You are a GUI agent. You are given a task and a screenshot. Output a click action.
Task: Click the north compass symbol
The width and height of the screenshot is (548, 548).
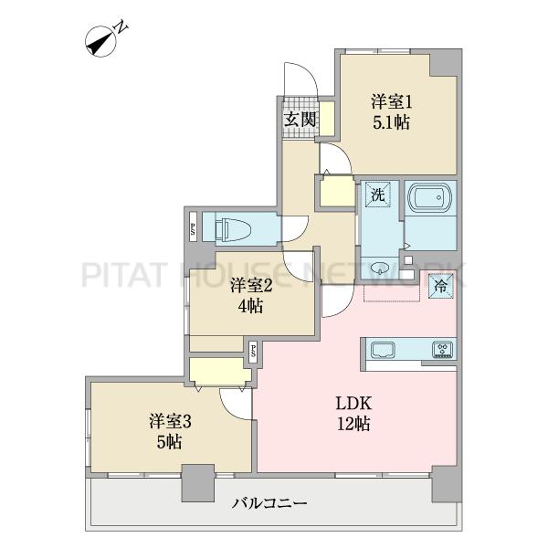pos(103,41)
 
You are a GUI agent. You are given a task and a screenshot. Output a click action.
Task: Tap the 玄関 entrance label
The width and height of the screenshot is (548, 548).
pos(300,120)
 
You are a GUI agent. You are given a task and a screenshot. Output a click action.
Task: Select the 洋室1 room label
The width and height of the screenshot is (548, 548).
pos(392,102)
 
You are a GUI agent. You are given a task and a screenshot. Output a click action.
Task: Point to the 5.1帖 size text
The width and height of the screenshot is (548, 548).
pos(392,122)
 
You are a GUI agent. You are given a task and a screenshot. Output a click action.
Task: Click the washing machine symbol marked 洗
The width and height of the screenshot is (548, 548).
pos(378,195)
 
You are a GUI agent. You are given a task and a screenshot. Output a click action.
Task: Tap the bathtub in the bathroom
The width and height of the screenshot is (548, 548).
pos(430,198)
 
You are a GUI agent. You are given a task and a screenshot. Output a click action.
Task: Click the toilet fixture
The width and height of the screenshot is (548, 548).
pos(232,227)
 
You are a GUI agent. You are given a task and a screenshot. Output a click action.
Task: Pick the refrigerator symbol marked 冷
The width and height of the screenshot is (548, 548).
pos(441,286)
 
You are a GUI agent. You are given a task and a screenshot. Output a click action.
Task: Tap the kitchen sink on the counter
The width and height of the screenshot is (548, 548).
pos(383,350)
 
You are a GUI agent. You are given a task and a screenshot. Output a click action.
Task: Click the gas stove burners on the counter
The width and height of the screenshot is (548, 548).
pos(442,350)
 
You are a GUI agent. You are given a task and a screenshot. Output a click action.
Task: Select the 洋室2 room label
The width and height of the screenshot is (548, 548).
pos(251,286)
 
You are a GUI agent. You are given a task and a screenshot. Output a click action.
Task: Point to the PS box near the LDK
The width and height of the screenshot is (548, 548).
pos(252,352)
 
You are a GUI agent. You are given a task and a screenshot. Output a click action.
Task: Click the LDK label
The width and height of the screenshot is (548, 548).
pos(353,404)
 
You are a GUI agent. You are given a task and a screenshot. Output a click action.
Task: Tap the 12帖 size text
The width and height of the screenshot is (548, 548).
pos(353,424)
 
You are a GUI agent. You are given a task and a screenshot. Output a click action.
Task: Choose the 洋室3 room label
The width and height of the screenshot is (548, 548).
pos(170,422)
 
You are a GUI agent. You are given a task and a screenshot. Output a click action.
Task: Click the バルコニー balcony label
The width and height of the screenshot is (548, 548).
pos(269,503)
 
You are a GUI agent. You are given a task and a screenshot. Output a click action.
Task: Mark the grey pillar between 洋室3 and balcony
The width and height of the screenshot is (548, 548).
pos(198,483)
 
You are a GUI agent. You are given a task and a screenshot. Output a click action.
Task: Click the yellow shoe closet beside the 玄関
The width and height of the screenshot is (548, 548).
pos(327,119)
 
